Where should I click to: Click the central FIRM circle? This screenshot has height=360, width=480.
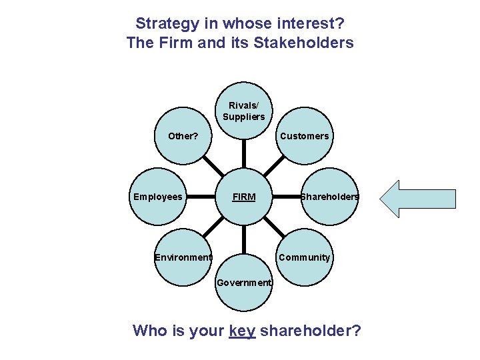(243, 197)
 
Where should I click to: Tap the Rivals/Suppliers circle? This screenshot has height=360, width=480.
(243, 112)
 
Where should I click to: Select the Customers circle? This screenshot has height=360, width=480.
(304, 136)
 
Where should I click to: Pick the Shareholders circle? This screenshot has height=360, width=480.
(329, 197)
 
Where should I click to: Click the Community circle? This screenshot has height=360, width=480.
(304, 257)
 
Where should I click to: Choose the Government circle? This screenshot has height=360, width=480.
(243, 283)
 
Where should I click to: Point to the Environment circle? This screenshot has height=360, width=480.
(183, 257)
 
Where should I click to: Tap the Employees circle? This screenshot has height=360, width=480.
(157, 197)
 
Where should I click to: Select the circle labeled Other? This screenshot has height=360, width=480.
(183, 136)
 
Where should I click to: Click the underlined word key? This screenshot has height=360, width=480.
(242, 330)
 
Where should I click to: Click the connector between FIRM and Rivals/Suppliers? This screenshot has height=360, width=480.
(243, 155)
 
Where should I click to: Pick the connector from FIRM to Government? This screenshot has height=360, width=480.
(243, 240)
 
